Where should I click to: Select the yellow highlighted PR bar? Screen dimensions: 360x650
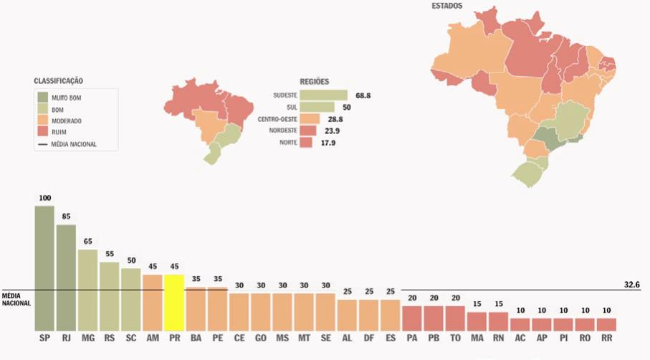point(174,301)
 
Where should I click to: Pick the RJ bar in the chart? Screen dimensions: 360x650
point(66,276)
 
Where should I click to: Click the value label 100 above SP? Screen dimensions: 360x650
point(45,197)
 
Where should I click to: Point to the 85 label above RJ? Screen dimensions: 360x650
point(66,217)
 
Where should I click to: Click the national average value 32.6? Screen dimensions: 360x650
point(631,285)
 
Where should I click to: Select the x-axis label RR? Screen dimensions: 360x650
point(606,336)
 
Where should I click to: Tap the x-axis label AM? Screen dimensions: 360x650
point(153,336)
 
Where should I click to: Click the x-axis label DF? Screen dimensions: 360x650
point(369,336)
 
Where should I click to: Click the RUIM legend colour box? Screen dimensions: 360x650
point(44,132)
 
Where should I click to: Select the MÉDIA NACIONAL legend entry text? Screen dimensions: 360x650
point(74,144)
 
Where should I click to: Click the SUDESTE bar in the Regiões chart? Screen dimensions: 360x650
point(323,95)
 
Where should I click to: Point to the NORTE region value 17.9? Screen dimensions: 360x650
point(328,143)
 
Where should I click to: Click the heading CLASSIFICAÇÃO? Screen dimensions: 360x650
point(63,81)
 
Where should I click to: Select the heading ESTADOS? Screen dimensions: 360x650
point(446,6)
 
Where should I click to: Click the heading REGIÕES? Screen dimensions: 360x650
point(314,82)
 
